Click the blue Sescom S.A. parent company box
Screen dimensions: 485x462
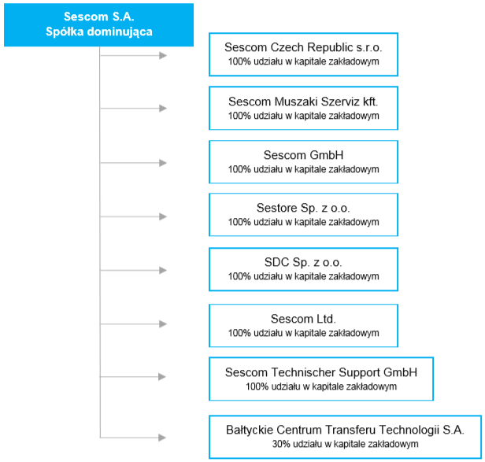click(98, 24)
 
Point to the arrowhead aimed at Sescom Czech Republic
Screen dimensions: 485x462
click(163, 56)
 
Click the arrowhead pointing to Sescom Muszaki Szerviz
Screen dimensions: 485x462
click(163, 109)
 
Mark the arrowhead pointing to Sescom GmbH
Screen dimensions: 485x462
click(163, 163)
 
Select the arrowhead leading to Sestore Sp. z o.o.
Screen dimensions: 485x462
click(163, 216)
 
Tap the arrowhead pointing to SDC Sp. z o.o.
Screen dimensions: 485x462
click(163, 270)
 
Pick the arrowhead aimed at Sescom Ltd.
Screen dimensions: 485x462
click(163, 324)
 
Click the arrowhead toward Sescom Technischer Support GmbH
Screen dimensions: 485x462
click(162, 377)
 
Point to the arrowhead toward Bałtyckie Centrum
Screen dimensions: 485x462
click(162, 438)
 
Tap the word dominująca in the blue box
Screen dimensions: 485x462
click(120, 32)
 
